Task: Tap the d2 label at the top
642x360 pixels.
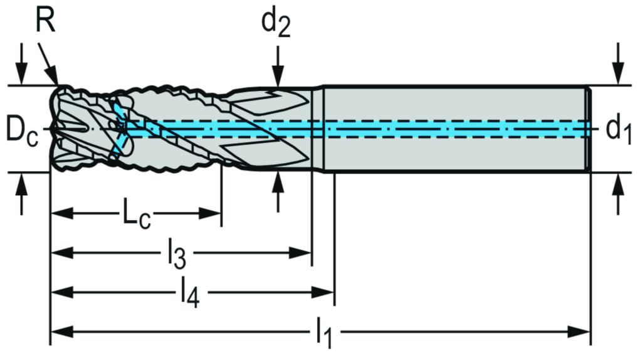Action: click(x=276, y=23)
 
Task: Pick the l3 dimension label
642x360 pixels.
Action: click(x=176, y=253)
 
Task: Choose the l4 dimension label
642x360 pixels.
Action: click(x=188, y=292)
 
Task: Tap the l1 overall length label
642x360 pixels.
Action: click(x=324, y=331)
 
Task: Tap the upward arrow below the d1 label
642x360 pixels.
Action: click(x=619, y=186)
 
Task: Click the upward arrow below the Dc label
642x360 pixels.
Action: click(x=22, y=185)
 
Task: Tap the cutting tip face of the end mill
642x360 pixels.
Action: click(x=63, y=129)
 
